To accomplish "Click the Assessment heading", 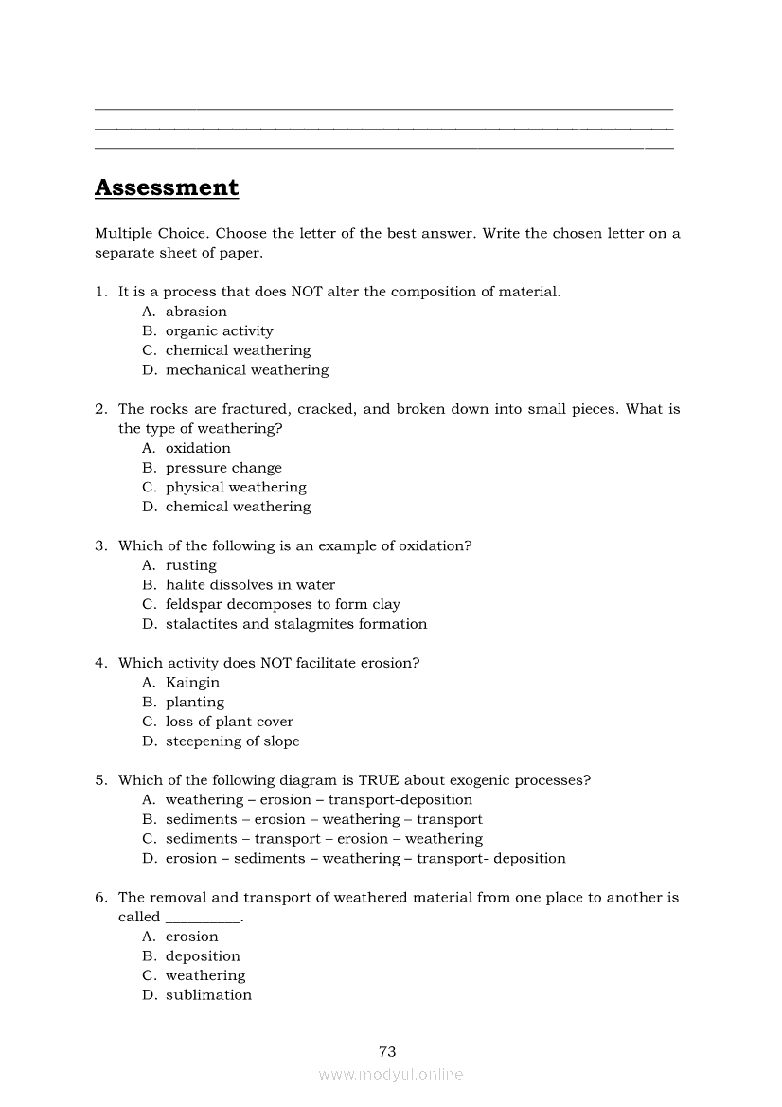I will coord(167,187).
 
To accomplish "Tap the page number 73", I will coord(387,1051).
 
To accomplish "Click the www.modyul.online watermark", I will coord(391,1075).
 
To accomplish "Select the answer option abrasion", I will coord(196,312).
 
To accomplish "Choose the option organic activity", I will coord(219,331).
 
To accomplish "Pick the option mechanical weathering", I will coord(246,370).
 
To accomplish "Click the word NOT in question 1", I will coord(307,292).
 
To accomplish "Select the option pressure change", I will coord(223,468).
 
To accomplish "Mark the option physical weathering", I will coord(236,488).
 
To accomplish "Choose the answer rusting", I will coord(190,565).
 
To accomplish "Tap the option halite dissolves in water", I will coord(250,585).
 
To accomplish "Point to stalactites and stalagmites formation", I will coord(295,624).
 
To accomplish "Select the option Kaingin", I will coord(192,683).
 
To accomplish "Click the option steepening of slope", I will coord(232,741).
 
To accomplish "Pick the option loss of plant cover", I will coord(229,722).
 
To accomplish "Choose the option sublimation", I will coord(208,995).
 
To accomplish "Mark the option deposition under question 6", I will coord(203,956).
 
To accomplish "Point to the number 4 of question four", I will coord(99,663).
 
